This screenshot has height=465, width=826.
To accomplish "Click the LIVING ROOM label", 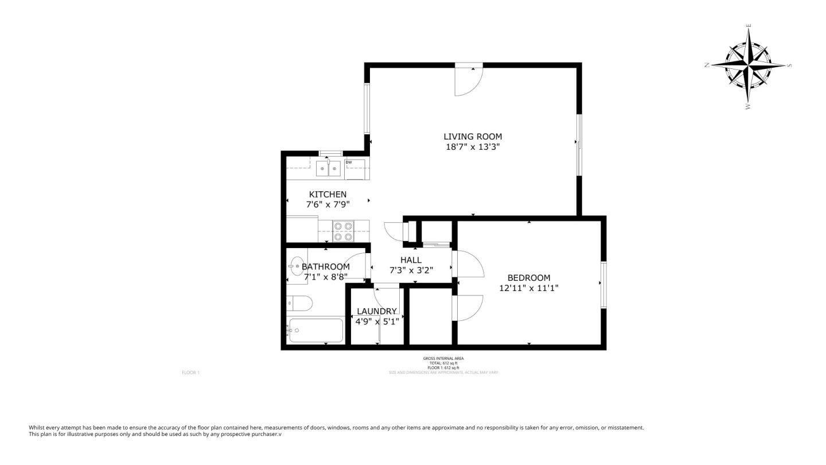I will click(x=473, y=137).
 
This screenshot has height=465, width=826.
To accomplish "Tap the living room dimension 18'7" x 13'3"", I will click(x=473, y=147).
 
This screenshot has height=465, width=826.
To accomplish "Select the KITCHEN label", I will click(x=328, y=195).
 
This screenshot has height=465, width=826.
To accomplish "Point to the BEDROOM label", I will click(x=528, y=278).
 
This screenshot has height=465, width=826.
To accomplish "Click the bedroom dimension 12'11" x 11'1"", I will click(x=528, y=288).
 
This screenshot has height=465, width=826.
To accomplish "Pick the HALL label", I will click(x=411, y=260).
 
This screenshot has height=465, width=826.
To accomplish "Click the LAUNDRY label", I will click(x=377, y=312).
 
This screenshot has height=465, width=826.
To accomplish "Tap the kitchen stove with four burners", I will click(x=343, y=231).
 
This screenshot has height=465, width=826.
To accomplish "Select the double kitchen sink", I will click(x=328, y=169).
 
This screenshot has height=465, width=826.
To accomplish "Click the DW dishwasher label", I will click(x=348, y=162).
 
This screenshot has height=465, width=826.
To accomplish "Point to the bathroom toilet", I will click(x=300, y=303).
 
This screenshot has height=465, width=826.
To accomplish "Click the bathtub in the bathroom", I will click(x=316, y=330).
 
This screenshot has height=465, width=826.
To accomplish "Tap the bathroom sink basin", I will click(x=297, y=266).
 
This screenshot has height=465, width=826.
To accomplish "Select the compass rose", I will click(x=749, y=65).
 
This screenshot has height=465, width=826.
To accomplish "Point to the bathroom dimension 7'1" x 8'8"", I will click(x=325, y=277).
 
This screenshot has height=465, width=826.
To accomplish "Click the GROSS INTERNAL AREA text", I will click(x=443, y=359).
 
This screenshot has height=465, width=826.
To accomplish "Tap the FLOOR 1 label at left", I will click(x=190, y=373).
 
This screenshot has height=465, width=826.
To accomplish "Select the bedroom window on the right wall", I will click(x=603, y=285).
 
